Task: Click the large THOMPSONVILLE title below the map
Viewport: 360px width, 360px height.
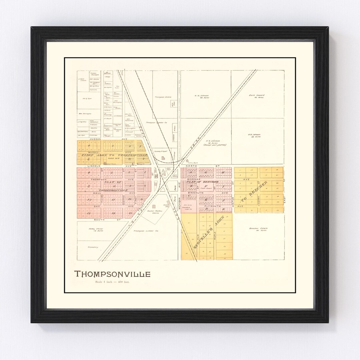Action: (x=112, y=274)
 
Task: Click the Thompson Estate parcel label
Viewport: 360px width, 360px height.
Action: (x=163, y=97)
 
